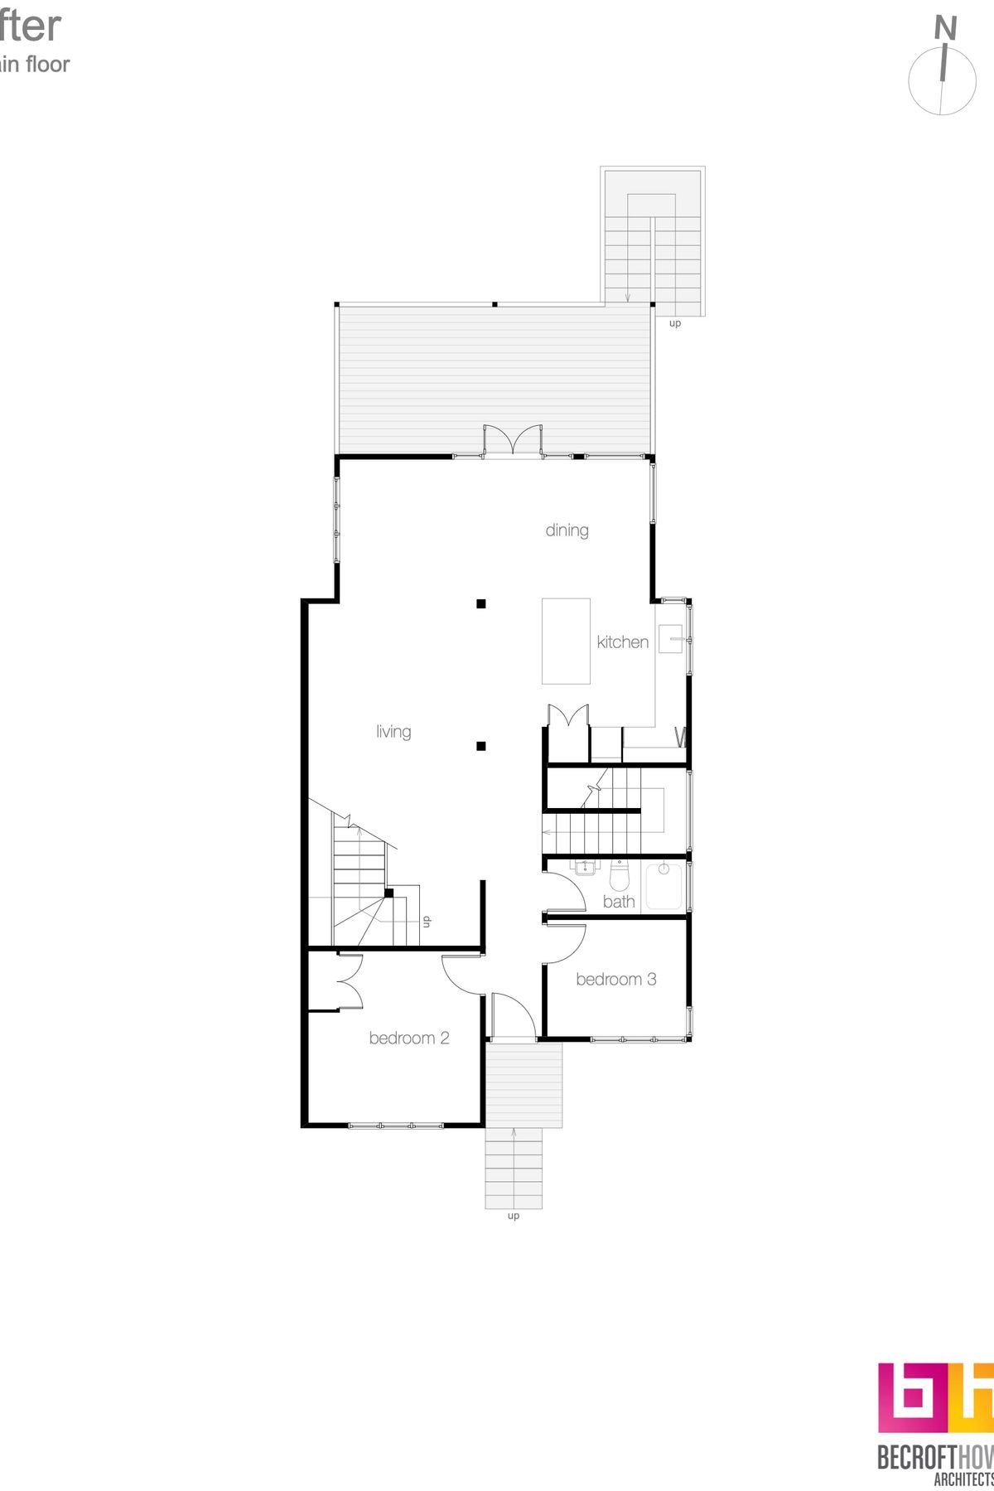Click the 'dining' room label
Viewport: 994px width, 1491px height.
pos(567,530)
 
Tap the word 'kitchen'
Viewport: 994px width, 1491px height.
pos(622,641)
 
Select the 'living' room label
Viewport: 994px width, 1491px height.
pos(393,731)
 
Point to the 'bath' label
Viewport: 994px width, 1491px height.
pos(619,902)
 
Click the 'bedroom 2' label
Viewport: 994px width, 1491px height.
pos(409,1038)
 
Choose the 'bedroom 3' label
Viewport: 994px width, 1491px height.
pos(615,979)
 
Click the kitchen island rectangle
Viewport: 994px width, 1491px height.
pos(566,641)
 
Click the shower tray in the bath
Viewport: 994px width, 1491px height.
pos(663,886)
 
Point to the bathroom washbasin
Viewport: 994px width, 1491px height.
pos(586,868)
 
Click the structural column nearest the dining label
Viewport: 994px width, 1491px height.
pos(480,604)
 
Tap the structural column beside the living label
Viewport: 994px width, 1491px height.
pos(480,746)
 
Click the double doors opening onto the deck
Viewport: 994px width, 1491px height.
pos(514,439)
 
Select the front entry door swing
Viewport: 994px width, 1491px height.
pos(512,1014)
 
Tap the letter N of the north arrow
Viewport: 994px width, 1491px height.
pos(945,29)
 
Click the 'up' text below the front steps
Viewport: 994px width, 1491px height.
pos(514,1216)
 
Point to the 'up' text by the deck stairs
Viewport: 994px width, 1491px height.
pos(675,323)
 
